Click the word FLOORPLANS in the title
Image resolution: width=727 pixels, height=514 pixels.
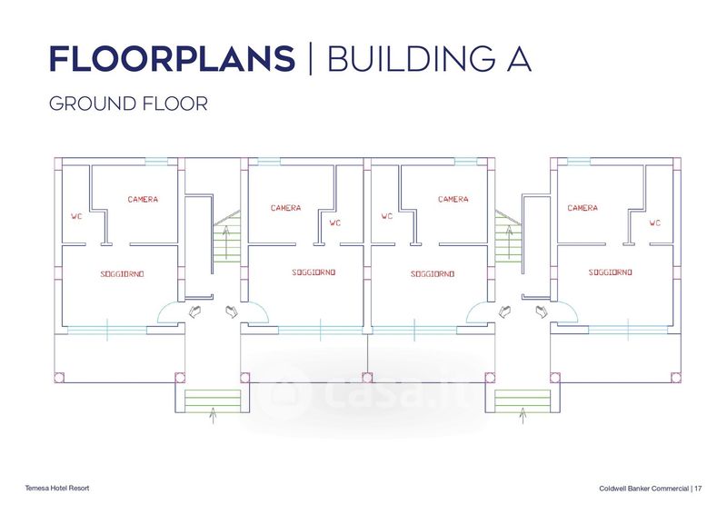pyautogui.click(x=172, y=59)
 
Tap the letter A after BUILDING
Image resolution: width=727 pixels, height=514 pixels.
pyautogui.click(x=519, y=59)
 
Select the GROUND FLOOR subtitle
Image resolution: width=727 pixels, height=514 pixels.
pyautogui.click(x=128, y=104)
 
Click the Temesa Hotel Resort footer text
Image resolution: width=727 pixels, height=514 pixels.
pyautogui.click(x=57, y=488)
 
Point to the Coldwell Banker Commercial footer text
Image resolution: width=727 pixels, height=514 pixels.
pyautogui.click(x=643, y=489)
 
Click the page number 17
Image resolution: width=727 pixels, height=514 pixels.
pyautogui.click(x=698, y=489)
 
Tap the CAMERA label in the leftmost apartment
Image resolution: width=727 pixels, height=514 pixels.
pyautogui.click(x=143, y=199)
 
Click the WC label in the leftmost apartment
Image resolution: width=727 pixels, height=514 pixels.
pyautogui.click(x=76, y=216)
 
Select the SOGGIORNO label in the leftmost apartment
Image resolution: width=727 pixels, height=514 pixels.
pyautogui.click(x=122, y=274)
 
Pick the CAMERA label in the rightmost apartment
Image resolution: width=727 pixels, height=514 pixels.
pyautogui.click(x=583, y=208)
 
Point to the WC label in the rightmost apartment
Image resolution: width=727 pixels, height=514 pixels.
pyautogui.click(x=654, y=222)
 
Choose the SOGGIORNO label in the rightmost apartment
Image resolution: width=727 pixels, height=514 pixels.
pyautogui.click(x=610, y=272)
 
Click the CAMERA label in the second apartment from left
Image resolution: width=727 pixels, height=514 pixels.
pyautogui.click(x=285, y=208)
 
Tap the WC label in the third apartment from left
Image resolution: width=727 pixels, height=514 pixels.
pyautogui.click(x=387, y=216)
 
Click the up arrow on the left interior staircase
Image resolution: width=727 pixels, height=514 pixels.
pyautogui.click(x=226, y=242)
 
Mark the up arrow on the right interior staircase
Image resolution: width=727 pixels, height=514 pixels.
pyautogui.click(x=509, y=242)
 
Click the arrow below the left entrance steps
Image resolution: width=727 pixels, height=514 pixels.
pyautogui.click(x=213, y=415)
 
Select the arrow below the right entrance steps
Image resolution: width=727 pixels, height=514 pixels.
pyautogui.click(x=523, y=415)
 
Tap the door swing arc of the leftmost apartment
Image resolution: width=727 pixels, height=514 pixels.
pyautogui.click(x=164, y=308)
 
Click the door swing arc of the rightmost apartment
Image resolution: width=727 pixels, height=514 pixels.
pyautogui.click(x=572, y=308)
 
